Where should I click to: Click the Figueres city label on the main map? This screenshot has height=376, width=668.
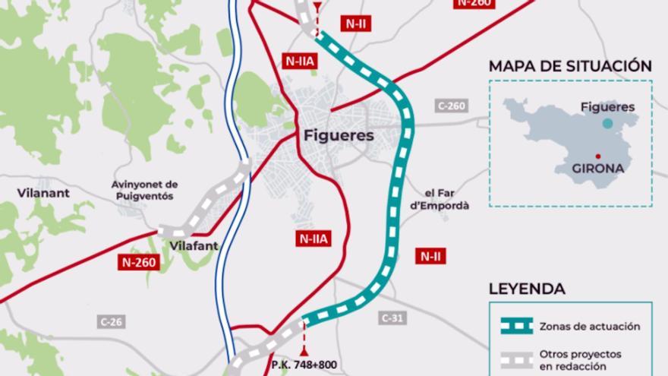point(338,137)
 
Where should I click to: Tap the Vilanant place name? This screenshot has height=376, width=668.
point(43,193)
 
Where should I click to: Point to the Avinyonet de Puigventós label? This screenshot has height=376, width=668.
point(143,190)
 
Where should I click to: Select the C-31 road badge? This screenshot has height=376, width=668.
point(392,318)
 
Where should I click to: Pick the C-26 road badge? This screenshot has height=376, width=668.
point(111,321)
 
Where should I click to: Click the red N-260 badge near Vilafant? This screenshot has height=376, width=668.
point(139,263)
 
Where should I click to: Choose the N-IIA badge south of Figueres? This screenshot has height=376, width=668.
point(312,239)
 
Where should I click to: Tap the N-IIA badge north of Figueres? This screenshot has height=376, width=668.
point(297,61)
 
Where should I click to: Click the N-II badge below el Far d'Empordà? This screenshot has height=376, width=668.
point(430,257)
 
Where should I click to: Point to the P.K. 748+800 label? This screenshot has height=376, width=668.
point(304,365)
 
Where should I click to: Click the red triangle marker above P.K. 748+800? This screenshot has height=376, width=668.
point(305,351)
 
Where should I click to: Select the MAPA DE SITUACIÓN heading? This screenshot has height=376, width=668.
point(570,65)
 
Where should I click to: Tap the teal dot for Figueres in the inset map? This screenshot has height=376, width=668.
point(607,123)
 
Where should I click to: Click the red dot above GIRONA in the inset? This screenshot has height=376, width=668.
point(599,156)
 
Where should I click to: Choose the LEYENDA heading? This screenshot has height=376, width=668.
point(527,289)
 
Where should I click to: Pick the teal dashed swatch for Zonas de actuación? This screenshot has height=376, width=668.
point(516,326)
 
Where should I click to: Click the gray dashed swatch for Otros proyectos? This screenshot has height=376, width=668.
point(516,359)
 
